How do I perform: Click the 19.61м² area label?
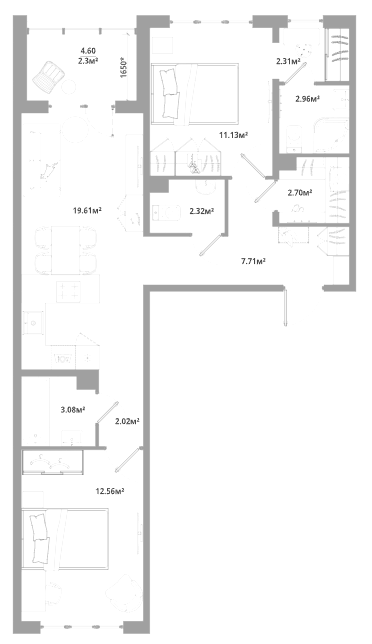87,211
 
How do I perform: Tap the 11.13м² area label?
233,135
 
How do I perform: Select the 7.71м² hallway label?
253,260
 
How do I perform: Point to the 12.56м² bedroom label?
110,491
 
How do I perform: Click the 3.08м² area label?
73,409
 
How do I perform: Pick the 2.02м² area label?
127,421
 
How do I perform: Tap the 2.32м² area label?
202,212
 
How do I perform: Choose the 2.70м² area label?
300,192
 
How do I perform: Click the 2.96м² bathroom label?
308,99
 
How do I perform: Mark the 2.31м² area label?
288,62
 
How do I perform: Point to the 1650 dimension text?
125,67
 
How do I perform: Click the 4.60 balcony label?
88,51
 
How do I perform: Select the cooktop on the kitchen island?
68,291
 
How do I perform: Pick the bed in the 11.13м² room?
195,93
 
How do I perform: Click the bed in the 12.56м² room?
65,539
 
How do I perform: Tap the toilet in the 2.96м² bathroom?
294,139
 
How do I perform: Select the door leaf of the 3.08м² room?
107,412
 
